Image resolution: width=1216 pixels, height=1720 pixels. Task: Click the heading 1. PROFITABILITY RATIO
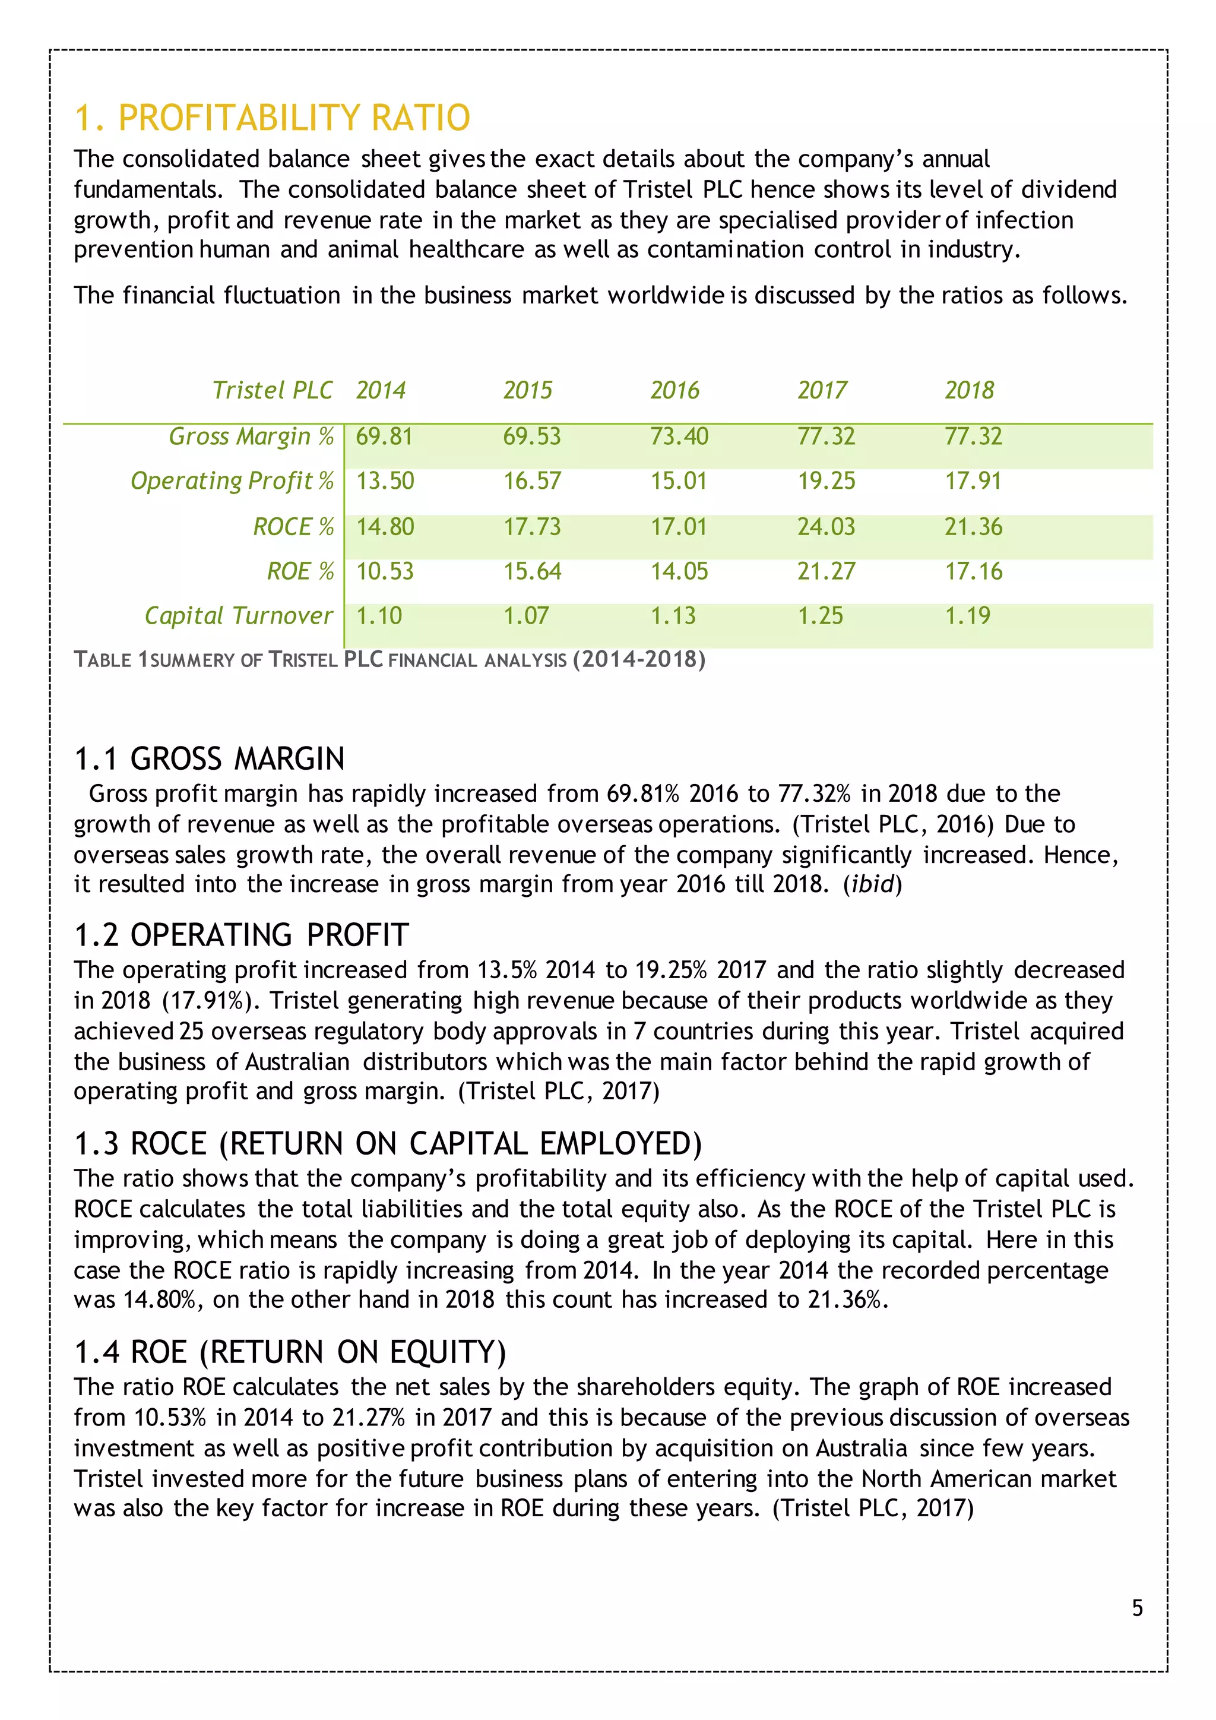(272, 118)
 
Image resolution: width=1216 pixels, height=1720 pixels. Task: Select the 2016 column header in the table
(674, 390)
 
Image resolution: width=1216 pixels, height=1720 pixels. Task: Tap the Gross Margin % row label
(251, 436)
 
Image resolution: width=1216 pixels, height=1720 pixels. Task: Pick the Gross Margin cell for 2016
(679, 436)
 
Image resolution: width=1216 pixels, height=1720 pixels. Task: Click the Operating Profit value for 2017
(826, 481)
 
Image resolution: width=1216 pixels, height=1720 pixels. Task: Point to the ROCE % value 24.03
(826, 527)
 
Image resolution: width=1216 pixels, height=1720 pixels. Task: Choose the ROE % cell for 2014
(385, 571)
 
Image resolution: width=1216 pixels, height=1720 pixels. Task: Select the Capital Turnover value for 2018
(967, 616)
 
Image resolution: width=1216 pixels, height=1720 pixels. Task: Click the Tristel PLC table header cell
(273, 390)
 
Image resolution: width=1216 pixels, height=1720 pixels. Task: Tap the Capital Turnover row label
(238, 616)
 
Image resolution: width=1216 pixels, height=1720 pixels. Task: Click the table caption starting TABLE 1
(389, 660)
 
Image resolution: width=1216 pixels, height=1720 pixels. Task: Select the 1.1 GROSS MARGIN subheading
(210, 759)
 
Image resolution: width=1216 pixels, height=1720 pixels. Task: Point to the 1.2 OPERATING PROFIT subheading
(241, 935)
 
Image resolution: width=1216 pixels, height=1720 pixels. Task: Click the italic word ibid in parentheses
(872, 885)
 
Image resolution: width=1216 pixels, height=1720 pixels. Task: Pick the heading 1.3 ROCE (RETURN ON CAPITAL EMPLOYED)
(388, 1144)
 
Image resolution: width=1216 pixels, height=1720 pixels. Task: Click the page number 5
(1136, 1608)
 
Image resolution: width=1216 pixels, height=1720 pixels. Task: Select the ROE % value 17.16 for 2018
(973, 571)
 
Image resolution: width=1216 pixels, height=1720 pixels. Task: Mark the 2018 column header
(969, 390)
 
